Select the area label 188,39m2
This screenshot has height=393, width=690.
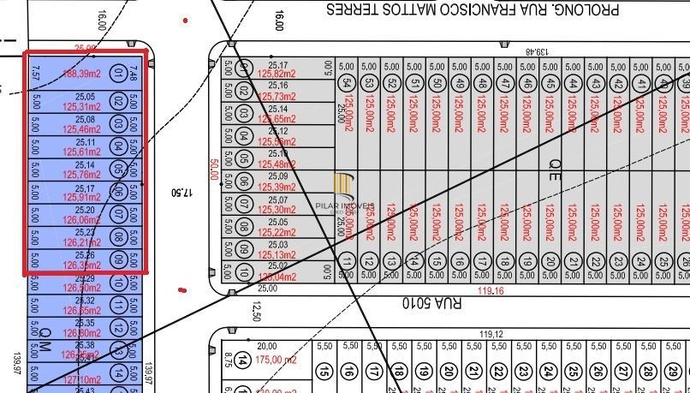tap(82, 74)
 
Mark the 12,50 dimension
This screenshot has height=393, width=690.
tap(255, 313)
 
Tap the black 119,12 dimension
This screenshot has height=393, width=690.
tap(491, 334)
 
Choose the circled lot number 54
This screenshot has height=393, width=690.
tap(346, 83)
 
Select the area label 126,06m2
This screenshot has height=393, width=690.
tap(82, 219)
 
